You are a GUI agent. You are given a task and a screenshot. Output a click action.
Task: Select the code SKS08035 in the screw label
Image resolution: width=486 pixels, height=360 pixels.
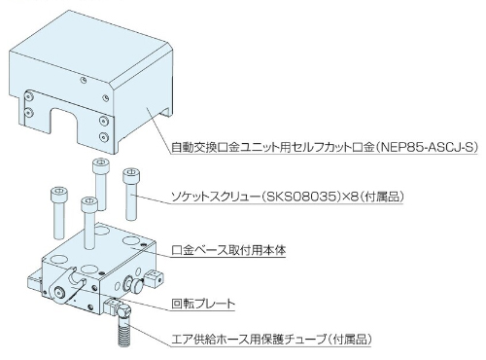301,197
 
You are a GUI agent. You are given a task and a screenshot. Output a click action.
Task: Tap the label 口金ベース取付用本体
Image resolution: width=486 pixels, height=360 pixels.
228,250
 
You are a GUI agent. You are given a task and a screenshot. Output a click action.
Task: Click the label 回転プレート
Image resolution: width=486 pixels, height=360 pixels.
203,304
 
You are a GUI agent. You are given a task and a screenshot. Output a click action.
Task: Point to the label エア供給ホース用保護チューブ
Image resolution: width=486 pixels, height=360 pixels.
249,340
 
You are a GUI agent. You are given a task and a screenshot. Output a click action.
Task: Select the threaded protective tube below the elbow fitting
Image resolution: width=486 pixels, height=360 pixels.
124,331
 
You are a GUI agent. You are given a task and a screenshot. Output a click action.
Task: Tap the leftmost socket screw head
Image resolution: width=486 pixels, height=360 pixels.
59,194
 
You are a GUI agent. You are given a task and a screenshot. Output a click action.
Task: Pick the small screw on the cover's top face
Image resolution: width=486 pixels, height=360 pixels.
84,80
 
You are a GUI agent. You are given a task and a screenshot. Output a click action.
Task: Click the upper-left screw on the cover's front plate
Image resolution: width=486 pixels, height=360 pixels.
30,96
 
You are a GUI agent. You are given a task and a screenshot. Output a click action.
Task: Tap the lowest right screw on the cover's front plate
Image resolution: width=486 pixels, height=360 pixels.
104,136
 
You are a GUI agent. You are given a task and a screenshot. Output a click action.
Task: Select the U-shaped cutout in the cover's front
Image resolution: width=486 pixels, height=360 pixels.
63,124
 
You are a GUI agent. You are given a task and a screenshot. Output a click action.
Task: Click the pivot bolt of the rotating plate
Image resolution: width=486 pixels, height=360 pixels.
59,291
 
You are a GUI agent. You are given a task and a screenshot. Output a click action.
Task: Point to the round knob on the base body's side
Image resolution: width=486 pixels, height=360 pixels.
137,285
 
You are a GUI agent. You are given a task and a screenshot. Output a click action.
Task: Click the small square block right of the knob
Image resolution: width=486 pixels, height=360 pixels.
153,279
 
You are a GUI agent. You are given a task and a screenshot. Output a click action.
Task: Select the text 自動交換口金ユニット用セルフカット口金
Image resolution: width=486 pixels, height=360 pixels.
273,148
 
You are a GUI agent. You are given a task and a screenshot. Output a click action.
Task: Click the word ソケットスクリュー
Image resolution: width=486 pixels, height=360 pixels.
216,197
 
